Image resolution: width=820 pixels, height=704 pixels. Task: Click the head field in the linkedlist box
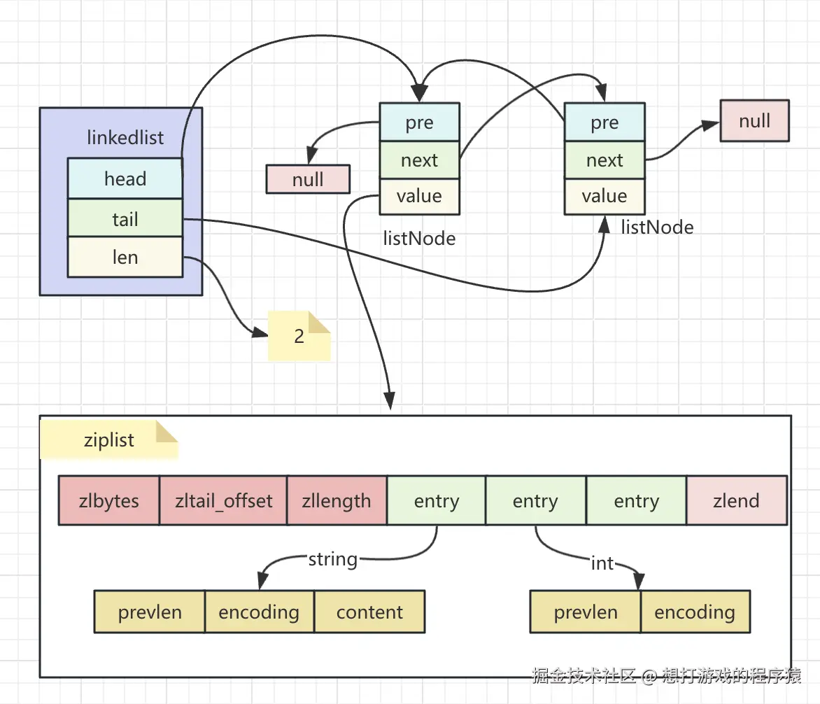pos(125,178)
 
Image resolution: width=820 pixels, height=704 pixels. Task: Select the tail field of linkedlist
pos(125,218)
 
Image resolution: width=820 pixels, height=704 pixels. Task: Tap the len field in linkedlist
pos(125,257)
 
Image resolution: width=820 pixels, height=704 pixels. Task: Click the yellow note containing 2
pos(299,336)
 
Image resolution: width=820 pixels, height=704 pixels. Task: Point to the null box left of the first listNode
pos(308,179)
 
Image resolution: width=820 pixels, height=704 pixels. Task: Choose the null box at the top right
pos(755,121)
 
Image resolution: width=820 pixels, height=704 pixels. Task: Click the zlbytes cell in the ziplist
pos(108,500)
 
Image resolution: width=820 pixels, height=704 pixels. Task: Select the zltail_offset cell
pos(223,500)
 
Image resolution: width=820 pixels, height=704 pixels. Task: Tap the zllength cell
pos(337,500)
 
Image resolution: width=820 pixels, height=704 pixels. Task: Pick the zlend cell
pos(736,500)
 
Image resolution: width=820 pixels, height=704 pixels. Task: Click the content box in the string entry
pos(369,612)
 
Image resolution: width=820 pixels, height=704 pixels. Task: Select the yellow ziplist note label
pos(108,440)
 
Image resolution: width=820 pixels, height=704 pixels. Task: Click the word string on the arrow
pos(333,559)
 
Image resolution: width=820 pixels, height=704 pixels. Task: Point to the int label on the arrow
pos(602,563)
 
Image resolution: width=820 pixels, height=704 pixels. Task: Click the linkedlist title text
pos(125,138)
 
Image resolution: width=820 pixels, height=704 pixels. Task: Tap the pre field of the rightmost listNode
pos(605,122)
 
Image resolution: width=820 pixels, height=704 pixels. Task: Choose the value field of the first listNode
pos(419,196)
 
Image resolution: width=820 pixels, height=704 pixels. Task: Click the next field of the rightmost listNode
pos(605,160)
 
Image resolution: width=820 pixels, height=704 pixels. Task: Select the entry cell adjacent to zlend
pos(637,500)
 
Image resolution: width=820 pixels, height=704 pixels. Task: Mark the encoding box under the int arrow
pos(695,612)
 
